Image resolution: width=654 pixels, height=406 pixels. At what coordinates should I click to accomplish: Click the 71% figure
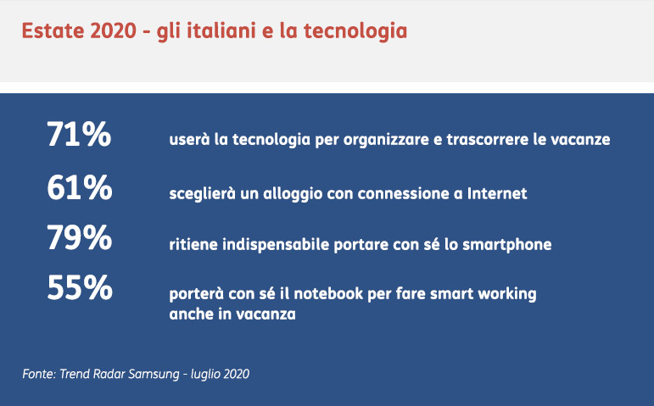(79, 134)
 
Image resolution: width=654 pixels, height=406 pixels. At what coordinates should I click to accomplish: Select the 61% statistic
(80, 187)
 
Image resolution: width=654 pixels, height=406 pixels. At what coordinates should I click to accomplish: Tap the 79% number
(79, 237)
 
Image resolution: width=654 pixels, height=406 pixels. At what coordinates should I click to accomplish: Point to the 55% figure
(80, 287)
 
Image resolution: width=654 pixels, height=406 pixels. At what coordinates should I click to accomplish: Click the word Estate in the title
(53, 31)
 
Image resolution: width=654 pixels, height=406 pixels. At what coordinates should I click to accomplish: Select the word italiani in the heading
(221, 31)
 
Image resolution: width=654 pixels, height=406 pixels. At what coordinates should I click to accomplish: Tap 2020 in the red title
(113, 31)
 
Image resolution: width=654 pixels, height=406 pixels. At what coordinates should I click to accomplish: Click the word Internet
(497, 193)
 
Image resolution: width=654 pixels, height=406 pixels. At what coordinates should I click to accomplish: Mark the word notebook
(328, 294)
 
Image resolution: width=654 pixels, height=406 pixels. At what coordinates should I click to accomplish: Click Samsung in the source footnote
(154, 374)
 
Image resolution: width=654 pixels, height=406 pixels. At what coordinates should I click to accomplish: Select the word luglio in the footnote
(203, 374)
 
